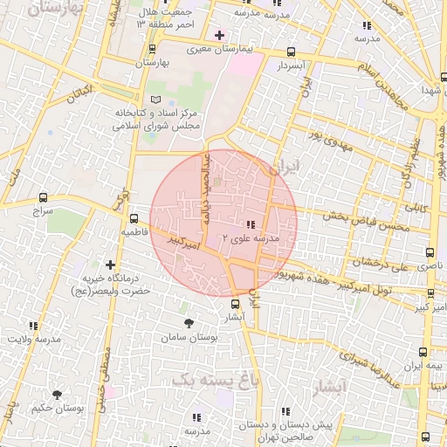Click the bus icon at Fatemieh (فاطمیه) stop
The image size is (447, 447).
click(134, 219)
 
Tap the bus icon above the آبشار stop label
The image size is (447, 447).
click(234, 304)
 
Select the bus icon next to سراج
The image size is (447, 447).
click(44, 197)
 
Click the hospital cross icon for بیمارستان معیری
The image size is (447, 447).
click(218, 35)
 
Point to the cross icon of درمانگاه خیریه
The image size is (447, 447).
click(110, 264)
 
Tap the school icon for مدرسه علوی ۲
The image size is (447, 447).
click(251, 224)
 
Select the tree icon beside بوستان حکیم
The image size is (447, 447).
click(57, 395)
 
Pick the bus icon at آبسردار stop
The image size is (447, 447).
click(291, 52)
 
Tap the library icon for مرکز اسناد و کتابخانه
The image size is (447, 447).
click(156, 100)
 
